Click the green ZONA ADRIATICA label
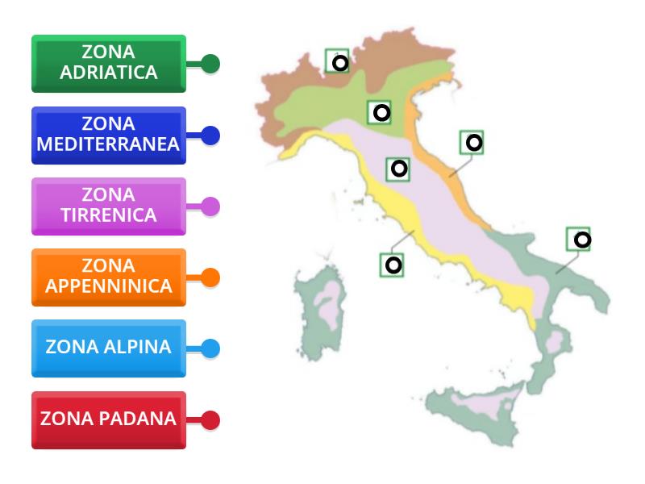[x=109, y=63]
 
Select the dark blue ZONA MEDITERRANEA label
[x=109, y=135]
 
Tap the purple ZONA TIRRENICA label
[x=109, y=206]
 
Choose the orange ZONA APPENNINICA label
[x=109, y=277]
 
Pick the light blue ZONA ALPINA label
[x=109, y=348]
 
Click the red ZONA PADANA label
[x=109, y=419]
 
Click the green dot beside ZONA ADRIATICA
[x=210, y=64]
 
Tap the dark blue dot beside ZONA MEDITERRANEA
[x=210, y=136]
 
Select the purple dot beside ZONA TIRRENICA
[x=210, y=207]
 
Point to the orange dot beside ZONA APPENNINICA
[x=210, y=277]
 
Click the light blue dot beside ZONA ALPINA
[x=210, y=348]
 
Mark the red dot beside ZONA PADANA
[x=210, y=420]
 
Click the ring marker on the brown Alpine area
[x=340, y=62]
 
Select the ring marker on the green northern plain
[x=381, y=113]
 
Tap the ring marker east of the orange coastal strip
[x=474, y=143]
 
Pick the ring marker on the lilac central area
[x=398, y=169]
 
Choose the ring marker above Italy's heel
[x=580, y=239]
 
